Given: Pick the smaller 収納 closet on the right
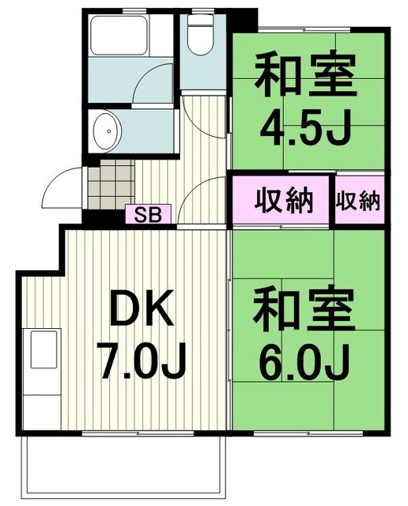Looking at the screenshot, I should (x=358, y=201).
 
